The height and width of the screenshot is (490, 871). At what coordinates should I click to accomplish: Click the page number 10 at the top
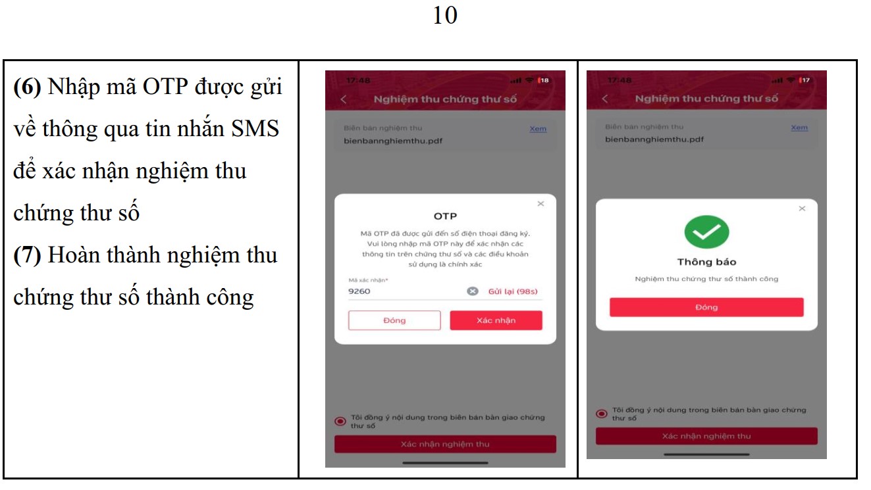coord(445,15)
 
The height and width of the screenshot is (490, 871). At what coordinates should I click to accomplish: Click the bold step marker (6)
coord(28,87)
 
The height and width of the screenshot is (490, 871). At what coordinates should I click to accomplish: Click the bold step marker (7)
coord(28,255)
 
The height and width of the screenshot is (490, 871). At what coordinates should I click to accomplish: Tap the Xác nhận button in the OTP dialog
coord(496,320)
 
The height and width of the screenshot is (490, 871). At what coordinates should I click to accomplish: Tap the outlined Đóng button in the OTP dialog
coord(394,320)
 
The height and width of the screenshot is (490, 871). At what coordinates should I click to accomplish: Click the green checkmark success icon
coord(706,231)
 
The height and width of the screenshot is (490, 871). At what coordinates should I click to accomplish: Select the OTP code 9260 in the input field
coord(359,291)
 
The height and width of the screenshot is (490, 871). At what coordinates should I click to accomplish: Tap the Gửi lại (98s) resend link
coord(514,291)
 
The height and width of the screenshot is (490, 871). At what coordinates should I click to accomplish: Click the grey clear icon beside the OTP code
coord(472,291)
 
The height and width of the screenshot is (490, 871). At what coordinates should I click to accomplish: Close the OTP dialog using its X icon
coord(541,204)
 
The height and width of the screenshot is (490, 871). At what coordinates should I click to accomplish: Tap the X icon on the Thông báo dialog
coord(802,208)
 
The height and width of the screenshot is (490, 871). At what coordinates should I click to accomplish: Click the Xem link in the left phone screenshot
coord(538,129)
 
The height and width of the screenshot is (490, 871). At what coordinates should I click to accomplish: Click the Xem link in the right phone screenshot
coord(799,128)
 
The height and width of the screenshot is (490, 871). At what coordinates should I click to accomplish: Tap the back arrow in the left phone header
coord(343,99)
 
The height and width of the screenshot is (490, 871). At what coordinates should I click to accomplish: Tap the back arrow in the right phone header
coord(604,99)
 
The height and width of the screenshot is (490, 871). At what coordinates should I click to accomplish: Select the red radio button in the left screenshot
coord(340,422)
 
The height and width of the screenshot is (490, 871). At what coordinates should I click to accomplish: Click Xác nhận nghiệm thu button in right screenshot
coord(706,436)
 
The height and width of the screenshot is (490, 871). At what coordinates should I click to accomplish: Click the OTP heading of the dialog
coord(445,216)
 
